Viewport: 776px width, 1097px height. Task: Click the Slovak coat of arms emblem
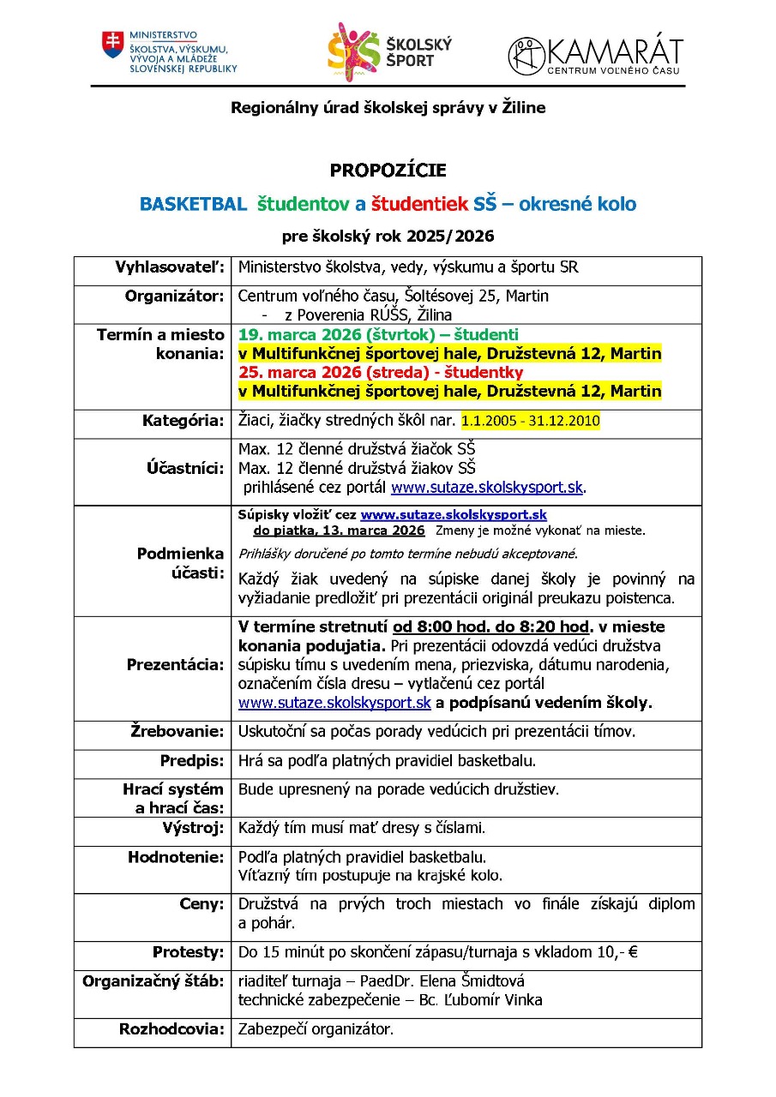(x=113, y=45)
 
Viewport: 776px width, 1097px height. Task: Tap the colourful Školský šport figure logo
(x=353, y=48)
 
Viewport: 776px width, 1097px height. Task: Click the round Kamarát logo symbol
(x=526, y=56)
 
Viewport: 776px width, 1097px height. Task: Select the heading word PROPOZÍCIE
(x=388, y=171)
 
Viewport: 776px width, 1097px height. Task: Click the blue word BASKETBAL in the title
(x=193, y=205)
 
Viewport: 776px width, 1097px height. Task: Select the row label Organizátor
(x=174, y=296)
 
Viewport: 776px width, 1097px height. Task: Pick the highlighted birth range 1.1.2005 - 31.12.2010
(x=530, y=421)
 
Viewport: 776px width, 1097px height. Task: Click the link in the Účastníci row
(x=487, y=488)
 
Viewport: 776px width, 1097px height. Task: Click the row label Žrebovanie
(x=177, y=731)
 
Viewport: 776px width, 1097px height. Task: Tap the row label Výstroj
(x=193, y=828)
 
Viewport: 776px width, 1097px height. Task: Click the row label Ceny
(x=202, y=903)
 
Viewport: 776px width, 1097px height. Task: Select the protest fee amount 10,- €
(x=630, y=952)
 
